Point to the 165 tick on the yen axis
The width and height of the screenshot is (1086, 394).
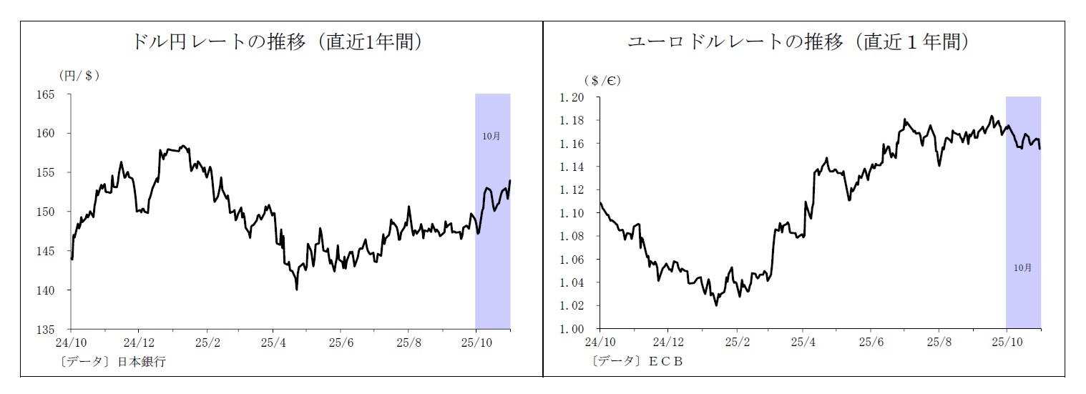(x=55, y=94)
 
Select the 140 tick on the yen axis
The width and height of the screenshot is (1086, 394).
(x=55, y=290)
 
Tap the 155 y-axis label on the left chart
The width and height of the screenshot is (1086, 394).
(x=55, y=173)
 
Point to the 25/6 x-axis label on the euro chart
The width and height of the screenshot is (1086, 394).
(x=871, y=341)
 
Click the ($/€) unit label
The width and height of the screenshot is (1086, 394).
(x=602, y=80)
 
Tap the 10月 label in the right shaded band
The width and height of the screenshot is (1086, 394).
(x=1022, y=267)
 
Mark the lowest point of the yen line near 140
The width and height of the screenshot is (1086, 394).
(x=296, y=289)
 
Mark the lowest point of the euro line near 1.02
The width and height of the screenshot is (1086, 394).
(x=716, y=305)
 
